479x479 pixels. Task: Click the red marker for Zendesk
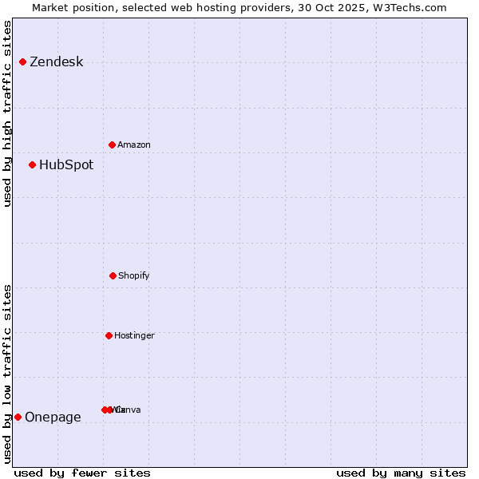point(22,62)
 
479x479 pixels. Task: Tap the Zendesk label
point(56,62)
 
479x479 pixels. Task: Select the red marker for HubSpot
point(32,165)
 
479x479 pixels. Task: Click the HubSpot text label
point(66,165)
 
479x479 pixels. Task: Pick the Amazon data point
point(112,144)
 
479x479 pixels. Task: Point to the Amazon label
point(134,145)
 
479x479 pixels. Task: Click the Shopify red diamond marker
point(113,275)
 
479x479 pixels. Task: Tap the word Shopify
point(133,276)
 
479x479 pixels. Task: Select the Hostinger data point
point(109,335)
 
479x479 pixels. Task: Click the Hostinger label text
point(134,336)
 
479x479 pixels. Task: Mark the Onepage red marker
point(18,417)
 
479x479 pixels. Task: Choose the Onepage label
point(53,418)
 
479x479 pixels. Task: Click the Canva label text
point(129,410)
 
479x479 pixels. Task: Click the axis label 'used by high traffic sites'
point(7,113)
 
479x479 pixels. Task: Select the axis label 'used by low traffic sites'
point(7,374)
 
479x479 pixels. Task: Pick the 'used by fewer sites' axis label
point(82,473)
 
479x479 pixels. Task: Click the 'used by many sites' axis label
point(401,473)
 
